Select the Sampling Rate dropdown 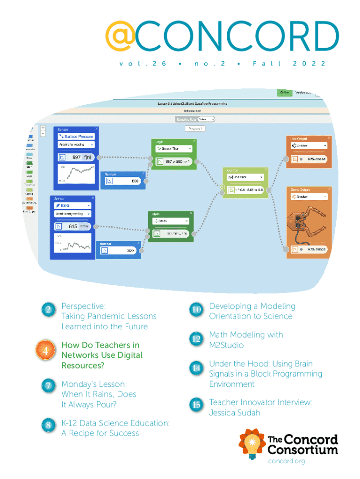206,119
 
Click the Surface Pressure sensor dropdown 76,137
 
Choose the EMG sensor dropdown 72,205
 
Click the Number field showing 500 122,181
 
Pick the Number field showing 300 117,251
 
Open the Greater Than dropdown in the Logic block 173,149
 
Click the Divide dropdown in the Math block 170,220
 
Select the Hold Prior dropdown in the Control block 245,177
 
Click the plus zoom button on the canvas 43,128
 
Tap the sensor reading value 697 77,157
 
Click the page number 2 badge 48,310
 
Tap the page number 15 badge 196,404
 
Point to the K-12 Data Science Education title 115,423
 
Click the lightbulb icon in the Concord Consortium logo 252,445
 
